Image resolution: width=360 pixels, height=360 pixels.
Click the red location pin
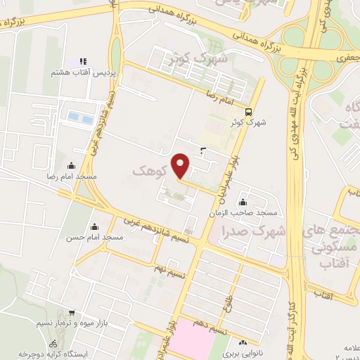tap(181, 165)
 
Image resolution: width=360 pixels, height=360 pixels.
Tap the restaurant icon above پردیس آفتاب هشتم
tap(83, 62)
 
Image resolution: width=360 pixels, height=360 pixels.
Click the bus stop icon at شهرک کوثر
tap(248, 111)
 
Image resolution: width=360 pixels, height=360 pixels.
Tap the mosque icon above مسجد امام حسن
tap(94, 226)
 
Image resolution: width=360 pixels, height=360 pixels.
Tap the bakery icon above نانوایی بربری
tap(244, 341)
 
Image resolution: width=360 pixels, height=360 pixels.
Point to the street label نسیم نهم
tap(169, 269)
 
